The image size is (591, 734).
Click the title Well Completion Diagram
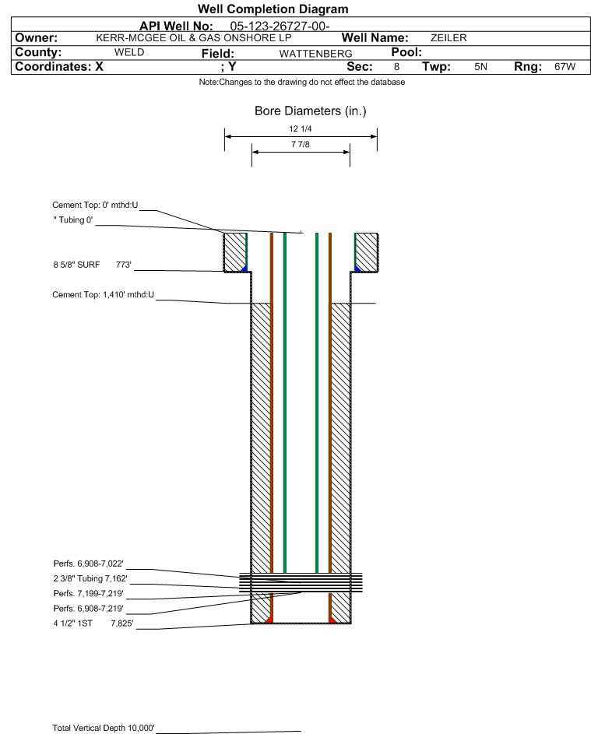coord(273,9)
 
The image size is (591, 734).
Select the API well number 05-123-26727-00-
coord(280,26)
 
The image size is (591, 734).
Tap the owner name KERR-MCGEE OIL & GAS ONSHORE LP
coord(193,38)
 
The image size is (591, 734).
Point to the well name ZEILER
coord(449,38)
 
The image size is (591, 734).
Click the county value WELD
coord(129,52)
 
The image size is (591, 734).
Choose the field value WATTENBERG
coord(315,54)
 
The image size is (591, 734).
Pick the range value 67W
coord(565,66)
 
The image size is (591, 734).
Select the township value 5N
coord(480,66)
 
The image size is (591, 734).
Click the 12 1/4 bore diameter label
coord(301,128)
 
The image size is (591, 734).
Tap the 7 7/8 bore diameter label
coord(301,144)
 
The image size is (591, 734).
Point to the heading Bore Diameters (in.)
coord(311,111)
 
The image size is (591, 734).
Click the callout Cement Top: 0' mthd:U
coord(95,205)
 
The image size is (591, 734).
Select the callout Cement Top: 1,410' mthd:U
coord(103,295)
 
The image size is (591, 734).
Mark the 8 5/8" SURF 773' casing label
coord(92,265)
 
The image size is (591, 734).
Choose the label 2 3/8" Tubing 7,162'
coord(90,578)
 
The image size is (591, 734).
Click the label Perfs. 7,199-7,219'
coord(88,594)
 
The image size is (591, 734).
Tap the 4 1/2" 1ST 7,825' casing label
coord(93,623)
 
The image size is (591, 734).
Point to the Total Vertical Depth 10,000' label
coord(104,728)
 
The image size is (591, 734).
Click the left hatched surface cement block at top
coord(234,252)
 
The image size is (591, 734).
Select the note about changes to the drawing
coord(302,82)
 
